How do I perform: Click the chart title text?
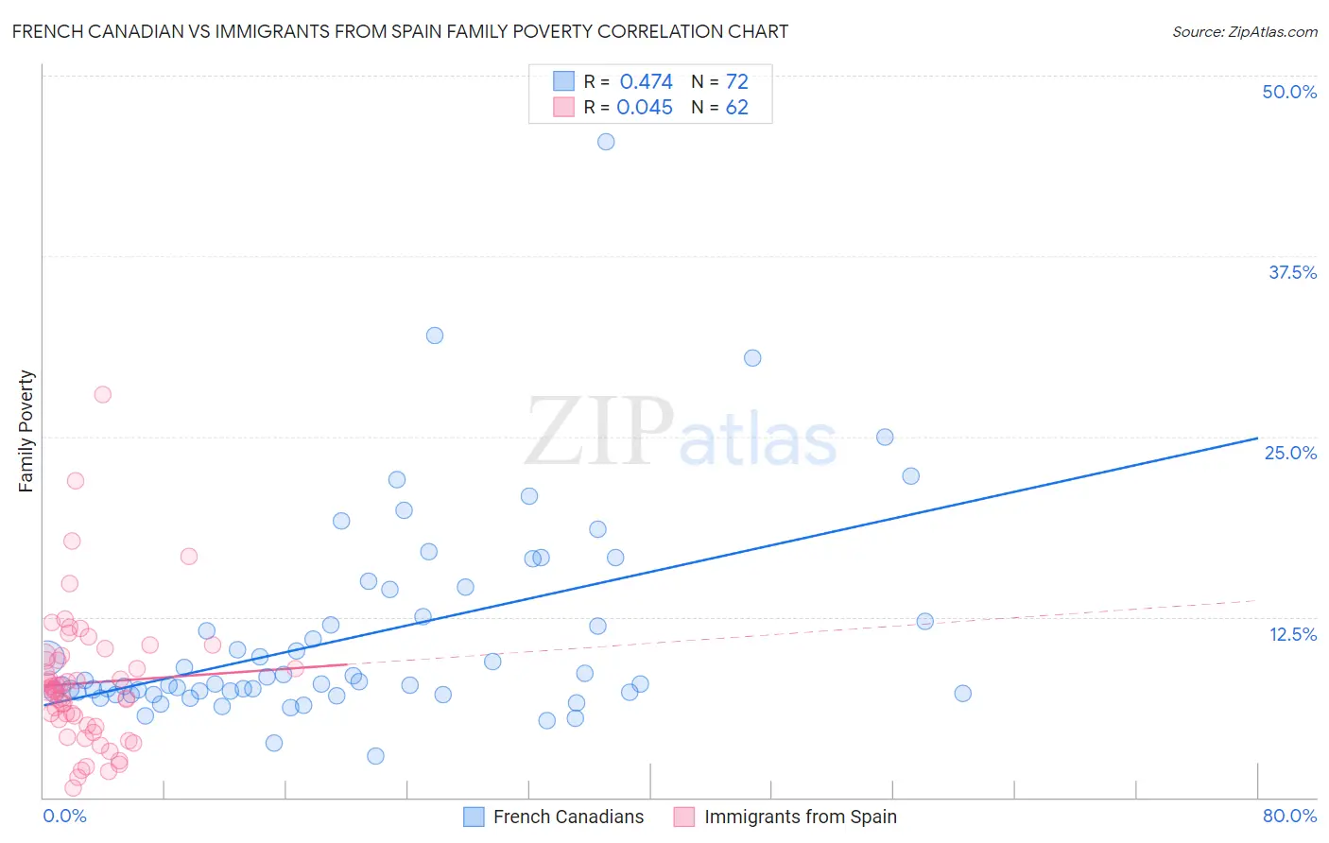[x=400, y=31]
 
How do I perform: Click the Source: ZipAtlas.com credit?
[x=1244, y=31]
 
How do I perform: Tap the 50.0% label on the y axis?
[x=1289, y=92]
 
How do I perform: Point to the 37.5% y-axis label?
[x=1292, y=272]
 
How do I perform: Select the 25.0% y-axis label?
[x=1290, y=453]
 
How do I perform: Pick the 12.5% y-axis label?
[x=1292, y=634]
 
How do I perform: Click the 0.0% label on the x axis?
[x=64, y=816]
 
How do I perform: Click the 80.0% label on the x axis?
[x=1289, y=816]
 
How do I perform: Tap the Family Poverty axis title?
[x=26, y=431]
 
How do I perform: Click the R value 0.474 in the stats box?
[x=646, y=81]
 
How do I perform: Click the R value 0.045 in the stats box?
[x=645, y=107]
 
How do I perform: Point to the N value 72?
[x=736, y=81]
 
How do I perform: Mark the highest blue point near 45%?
[x=606, y=142]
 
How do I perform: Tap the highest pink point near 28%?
[x=102, y=394]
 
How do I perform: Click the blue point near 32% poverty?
[x=435, y=335]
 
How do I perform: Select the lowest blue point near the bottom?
[x=375, y=756]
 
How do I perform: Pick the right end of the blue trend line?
[x=1257, y=439]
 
